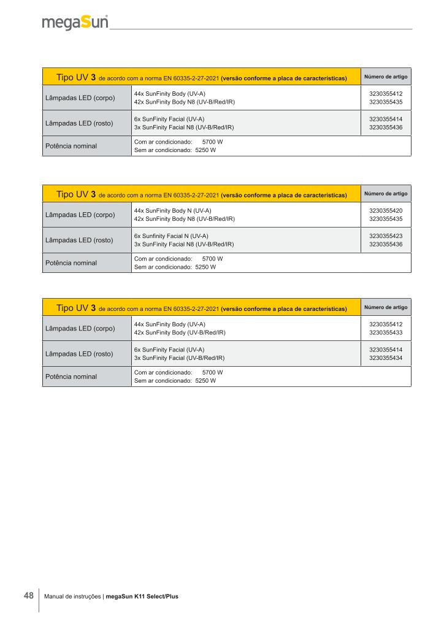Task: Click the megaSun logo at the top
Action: coord(75,23)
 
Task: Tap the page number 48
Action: coord(28,595)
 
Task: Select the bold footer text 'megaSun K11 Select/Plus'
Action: coord(142,596)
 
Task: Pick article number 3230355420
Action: coord(386,210)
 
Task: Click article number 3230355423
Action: coord(386,235)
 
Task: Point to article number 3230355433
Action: coord(386,332)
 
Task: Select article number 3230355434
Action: coord(386,358)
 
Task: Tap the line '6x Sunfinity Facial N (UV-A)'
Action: coord(171,235)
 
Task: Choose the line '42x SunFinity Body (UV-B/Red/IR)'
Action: coord(180,332)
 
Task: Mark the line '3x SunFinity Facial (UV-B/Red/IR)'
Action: coord(179,358)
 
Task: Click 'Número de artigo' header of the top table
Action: coord(386,77)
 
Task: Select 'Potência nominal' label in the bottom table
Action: coord(71,377)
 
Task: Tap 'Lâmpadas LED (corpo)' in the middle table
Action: coord(80,215)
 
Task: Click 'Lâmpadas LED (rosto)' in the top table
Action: coord(79,123)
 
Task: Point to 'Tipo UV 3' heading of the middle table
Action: coord(75,194)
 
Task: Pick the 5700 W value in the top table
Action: coord(212,142)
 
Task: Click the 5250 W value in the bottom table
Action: coord(205,381)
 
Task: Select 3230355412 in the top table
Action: coord(386,93)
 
